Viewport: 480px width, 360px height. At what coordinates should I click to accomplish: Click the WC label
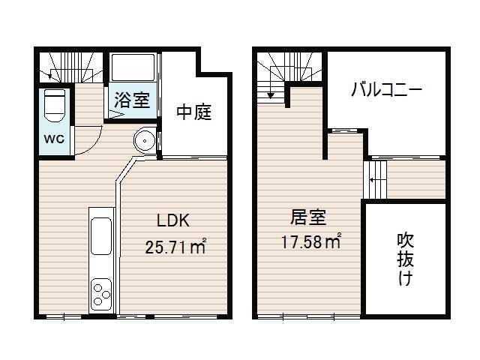click(x=54, y=139)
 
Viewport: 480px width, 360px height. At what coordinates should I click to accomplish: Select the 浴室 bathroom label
click(x=132, y=99)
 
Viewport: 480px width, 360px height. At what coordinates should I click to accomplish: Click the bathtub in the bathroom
click(x=133, y=67)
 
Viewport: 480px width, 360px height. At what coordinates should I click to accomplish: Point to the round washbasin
click(x=144, y=141)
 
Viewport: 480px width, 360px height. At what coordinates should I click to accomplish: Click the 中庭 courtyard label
click(x=194, y=112)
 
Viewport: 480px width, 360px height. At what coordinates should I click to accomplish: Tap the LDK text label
click(x=173, y=220)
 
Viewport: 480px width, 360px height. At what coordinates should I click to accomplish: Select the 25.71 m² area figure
click(x=175, y=247)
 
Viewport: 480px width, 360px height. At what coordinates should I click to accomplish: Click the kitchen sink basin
click(x=100, y=236)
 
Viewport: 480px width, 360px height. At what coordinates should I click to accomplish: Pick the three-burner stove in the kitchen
click(x=100, y=294)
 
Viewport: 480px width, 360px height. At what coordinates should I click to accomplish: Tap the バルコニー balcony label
click(x=387, y=90)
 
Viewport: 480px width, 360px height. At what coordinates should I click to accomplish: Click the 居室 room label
click(x=308, y=217)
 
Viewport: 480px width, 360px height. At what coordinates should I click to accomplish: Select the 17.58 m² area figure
click(x=311, y=241)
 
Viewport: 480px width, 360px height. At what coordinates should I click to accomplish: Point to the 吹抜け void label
click(x=405, y=259)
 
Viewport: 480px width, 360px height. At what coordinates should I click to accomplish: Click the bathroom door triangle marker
click(x=115, y=115)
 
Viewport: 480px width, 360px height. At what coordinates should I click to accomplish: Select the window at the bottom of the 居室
click(x=308, y=316)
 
